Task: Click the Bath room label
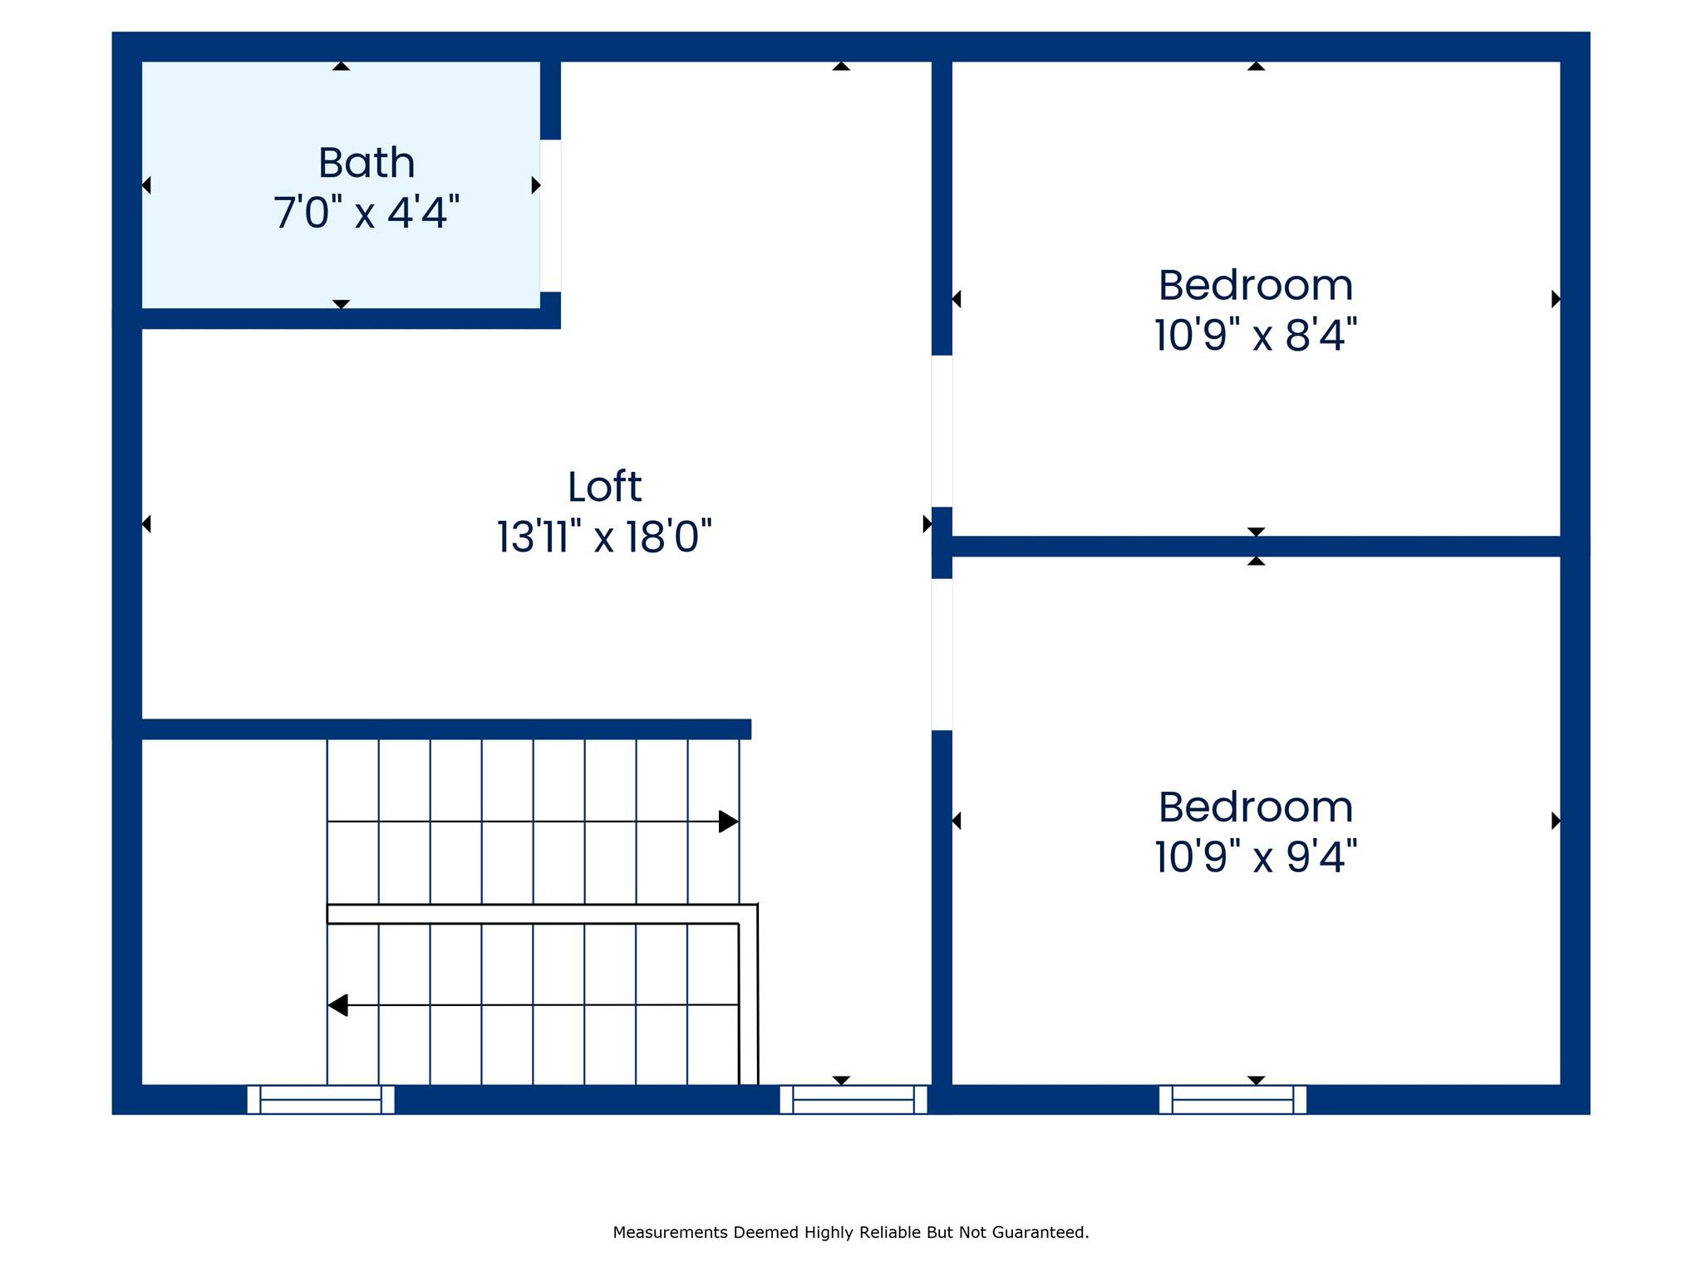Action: tap(366, 163)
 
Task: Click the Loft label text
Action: tap(604, 487)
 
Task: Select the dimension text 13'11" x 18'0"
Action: tap(604, 537)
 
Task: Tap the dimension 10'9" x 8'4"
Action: tap(1255, 336)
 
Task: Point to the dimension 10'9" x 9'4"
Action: tap(1255, 856)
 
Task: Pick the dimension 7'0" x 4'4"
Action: tap(366, 213)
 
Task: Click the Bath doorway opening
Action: tap(550, 215)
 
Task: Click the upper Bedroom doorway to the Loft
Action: tap(941, 430)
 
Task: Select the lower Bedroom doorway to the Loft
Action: tap(941, 654)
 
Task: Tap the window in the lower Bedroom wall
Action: tap(1232, 1099)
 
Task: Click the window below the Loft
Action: tap(853, 1099)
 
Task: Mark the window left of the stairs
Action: tap(321, 1099)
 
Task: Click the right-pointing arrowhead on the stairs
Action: tap(728, 822)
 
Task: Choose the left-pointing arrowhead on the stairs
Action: tap(337, 1005)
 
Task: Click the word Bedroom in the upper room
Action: tap(1255, 286)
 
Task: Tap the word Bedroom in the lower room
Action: tap(1255, 807)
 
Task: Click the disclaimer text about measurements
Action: tap(850, 1232)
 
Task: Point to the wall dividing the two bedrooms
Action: tap(1255, 546)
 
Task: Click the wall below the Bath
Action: tap(341, 318)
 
